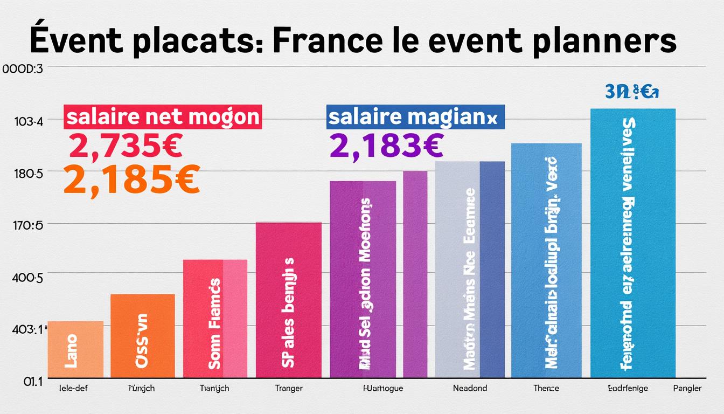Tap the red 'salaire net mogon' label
click(x=163, y=117)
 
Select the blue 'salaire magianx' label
click(x=415, y=117)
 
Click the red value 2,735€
click(x=126, y=146)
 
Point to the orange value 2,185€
click(x=131, y=180)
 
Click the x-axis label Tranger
click(x=288, y=388)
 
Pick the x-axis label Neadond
click(x=470, y=388)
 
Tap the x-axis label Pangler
click(x=687, y=388)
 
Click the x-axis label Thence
click(x=546, y=388)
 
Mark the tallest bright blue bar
click(x=632, y=243)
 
